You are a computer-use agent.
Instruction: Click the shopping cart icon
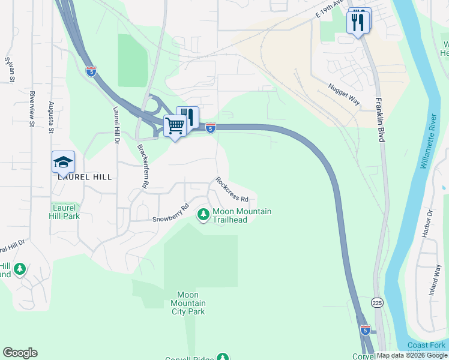click(175, 126)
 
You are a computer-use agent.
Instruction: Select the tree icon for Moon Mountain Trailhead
click(203, 214)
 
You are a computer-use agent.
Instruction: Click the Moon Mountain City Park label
click(191, 303)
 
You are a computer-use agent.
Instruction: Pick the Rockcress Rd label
click(232, 189)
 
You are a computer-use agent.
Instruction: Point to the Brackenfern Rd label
click(142, 166)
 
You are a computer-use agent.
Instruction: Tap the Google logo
click(20, 353)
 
